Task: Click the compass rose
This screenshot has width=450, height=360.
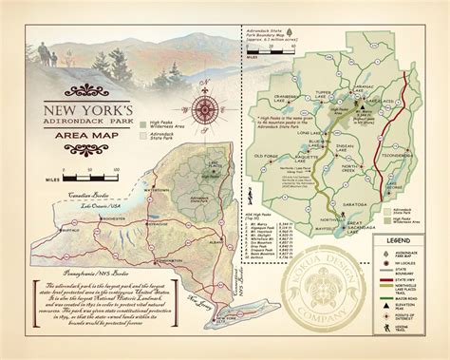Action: [206, 111]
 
